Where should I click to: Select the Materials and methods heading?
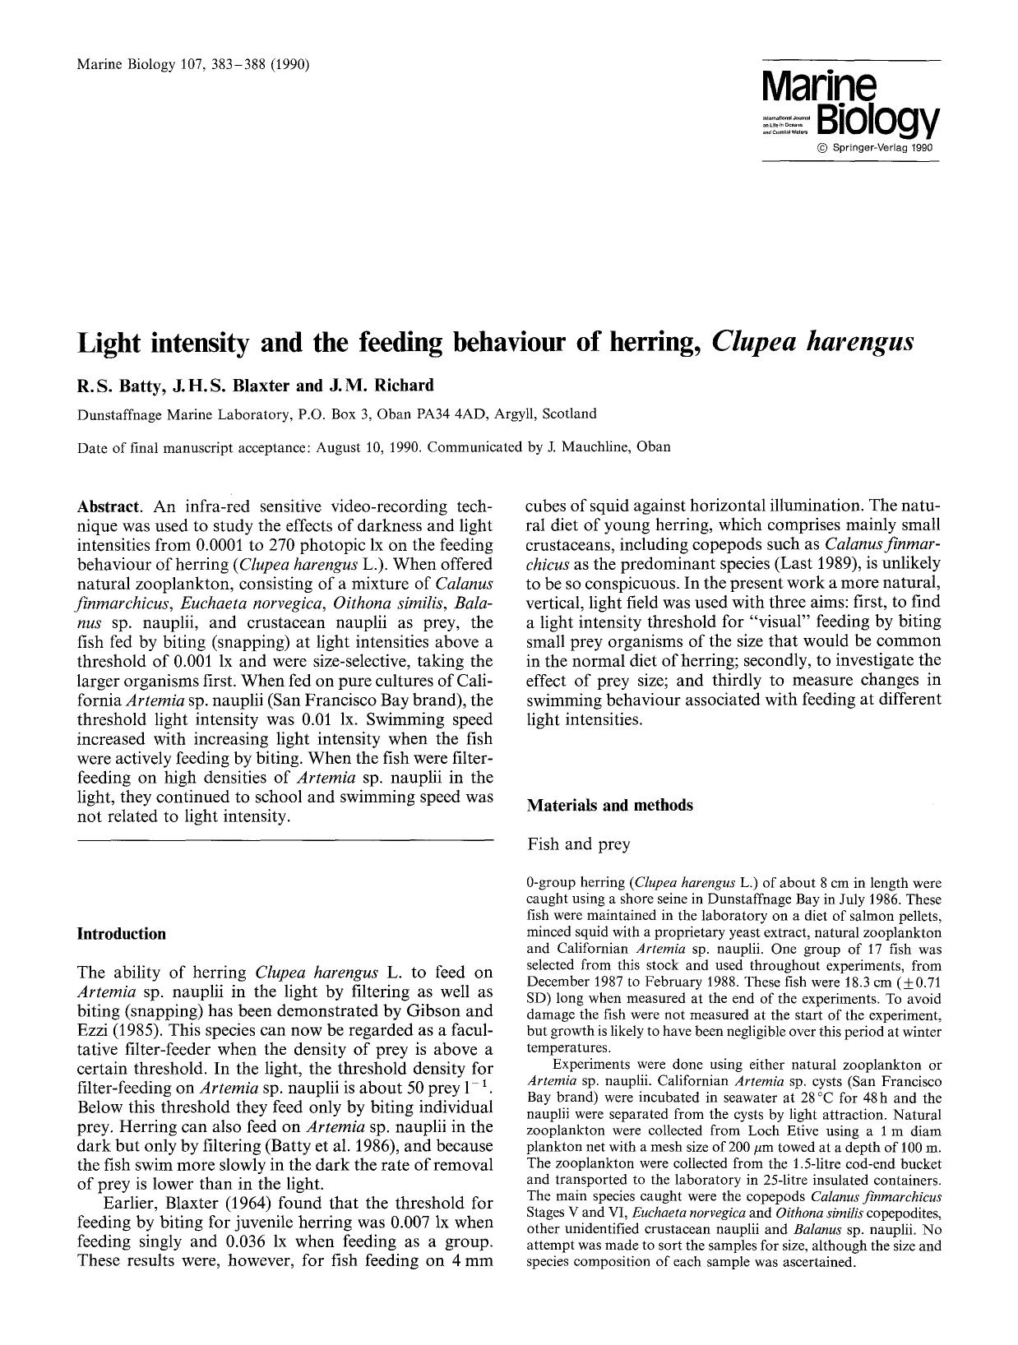[609, 806]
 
